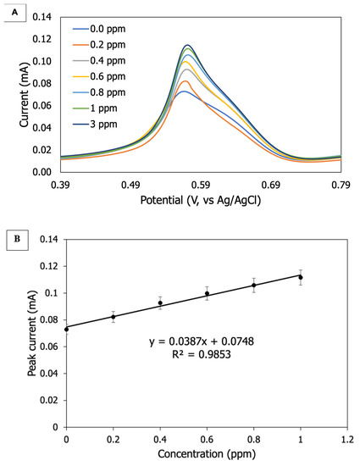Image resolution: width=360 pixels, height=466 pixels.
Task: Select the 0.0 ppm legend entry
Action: pos(102,30)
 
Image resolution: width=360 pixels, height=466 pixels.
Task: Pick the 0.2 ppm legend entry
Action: pos(102,45)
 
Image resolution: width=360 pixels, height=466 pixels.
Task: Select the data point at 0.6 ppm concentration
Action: pos(207,294)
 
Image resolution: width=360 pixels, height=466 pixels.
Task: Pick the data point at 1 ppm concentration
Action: pos(300,277)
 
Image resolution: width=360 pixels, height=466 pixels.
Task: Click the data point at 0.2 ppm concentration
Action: pos(113,317)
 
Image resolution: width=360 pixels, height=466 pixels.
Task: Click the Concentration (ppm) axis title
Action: pos(206,458)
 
